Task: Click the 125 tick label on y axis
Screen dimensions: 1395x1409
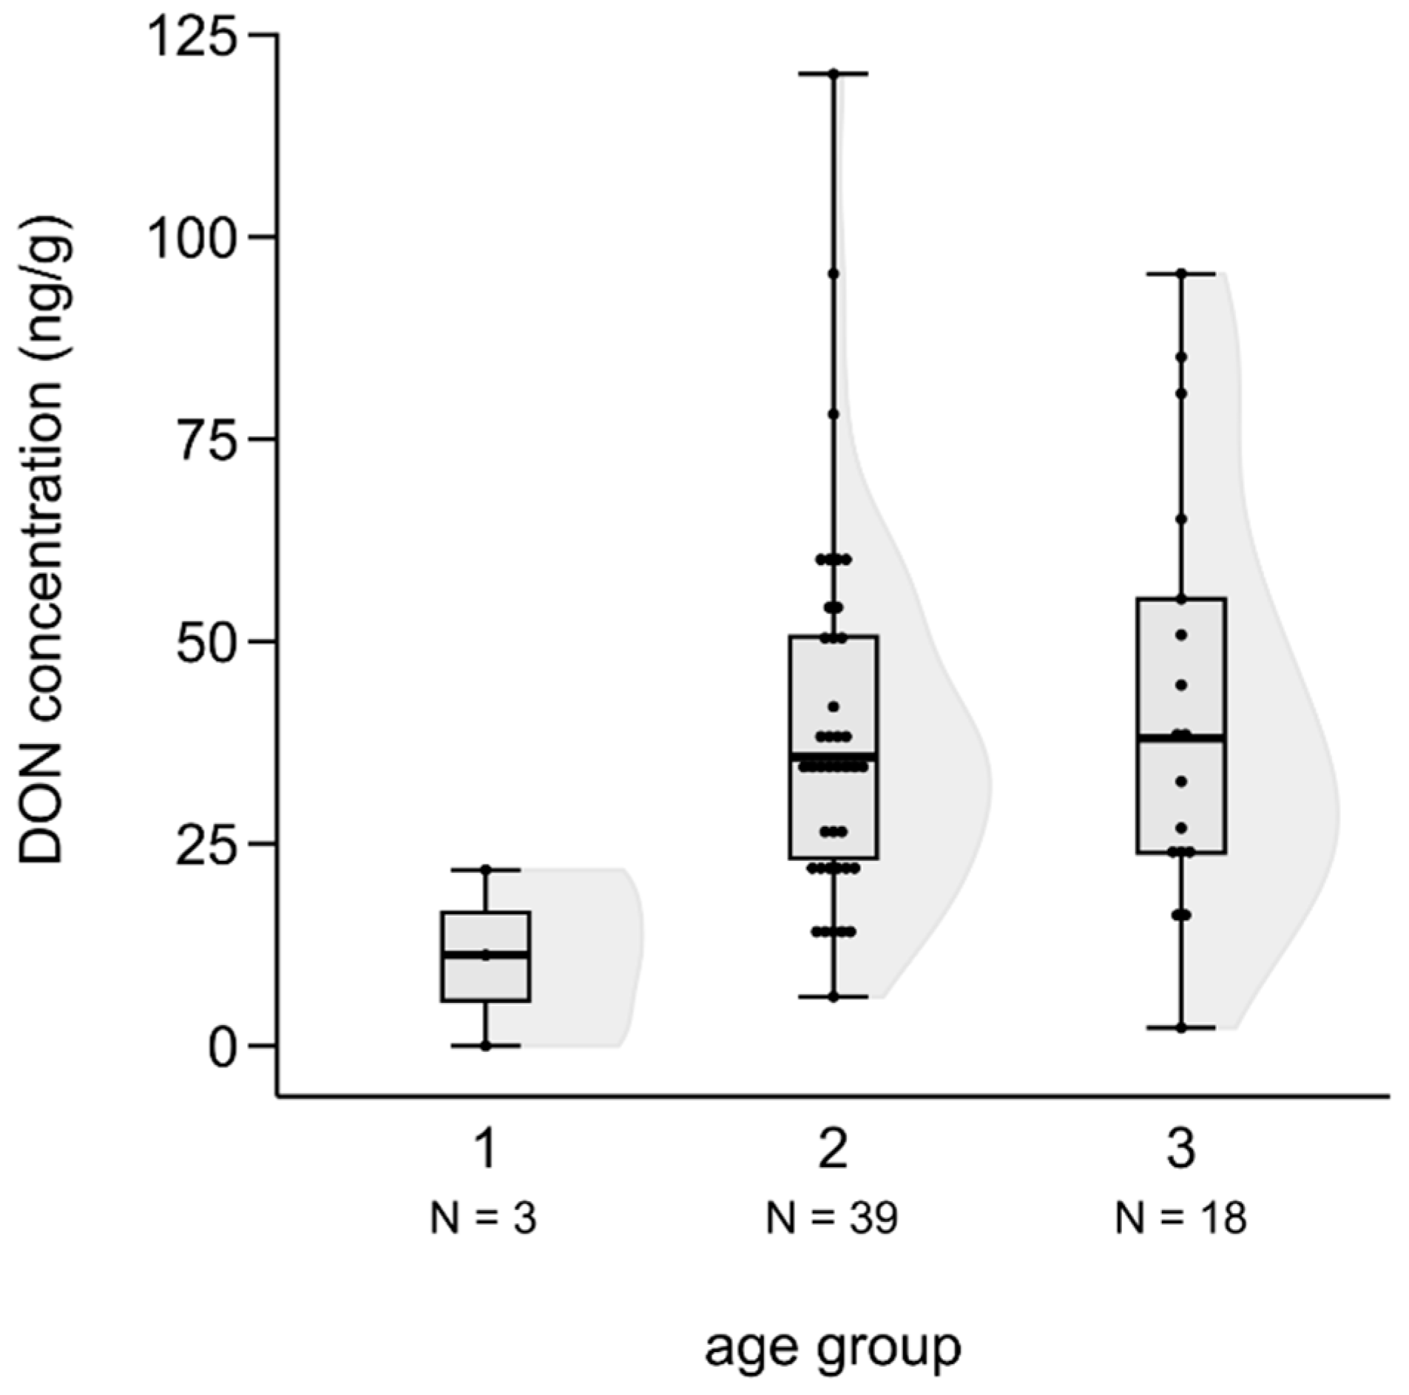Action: coord(197,35)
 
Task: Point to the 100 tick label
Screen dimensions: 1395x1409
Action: coord(197,237)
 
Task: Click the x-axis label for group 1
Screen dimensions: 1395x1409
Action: coord(485,1149)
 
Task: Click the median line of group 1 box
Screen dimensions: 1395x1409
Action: coord(485,955)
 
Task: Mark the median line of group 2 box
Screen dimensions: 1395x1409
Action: coord(833,756)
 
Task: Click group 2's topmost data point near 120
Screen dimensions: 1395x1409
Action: coord(833,74)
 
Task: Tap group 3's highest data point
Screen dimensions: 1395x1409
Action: coord(1180,274)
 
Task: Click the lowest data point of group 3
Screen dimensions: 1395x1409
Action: coord(1180,1028)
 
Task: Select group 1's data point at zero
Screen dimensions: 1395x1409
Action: coord(485,1046)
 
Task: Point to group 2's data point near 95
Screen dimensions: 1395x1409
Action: coord(833,274)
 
